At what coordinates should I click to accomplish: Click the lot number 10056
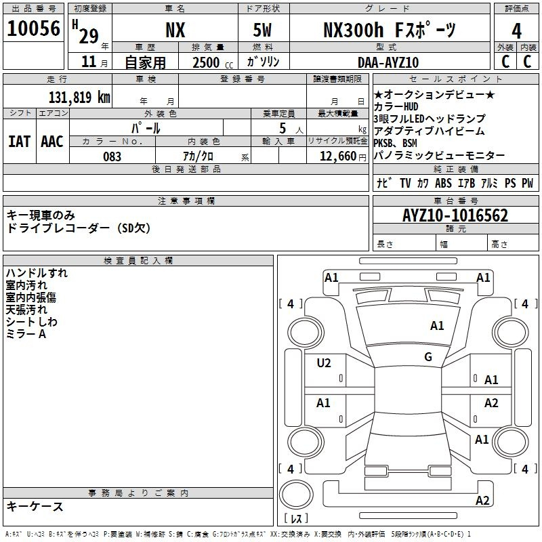coord(33,28)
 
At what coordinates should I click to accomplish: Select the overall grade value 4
coord(516,31)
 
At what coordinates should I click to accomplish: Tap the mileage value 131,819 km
coord(79,98)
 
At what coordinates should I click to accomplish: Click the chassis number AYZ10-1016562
coord(455,215)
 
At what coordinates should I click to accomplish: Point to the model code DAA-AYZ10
coord(388,62)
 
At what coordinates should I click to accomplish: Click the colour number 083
coord(112,157)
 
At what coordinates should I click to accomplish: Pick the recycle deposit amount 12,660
coord(338,157)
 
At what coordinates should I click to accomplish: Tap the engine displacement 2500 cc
coord(213,62)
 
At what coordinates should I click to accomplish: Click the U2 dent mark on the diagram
coord(324,363)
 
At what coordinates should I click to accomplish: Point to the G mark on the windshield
coord(428,357)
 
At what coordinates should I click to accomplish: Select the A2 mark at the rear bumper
coord(482,500)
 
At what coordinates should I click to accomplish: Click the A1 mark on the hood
coord(437,326)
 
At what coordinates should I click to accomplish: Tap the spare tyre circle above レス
coord(296,495)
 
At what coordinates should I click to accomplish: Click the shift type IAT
coord(20,142)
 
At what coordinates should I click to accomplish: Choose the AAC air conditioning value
coord(52,142)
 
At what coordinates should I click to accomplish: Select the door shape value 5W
coord(262,30)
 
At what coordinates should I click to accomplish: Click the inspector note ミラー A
coord(26,334)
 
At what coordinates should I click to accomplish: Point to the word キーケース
coord(35,507)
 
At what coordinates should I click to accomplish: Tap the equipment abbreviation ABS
coord(443,183)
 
